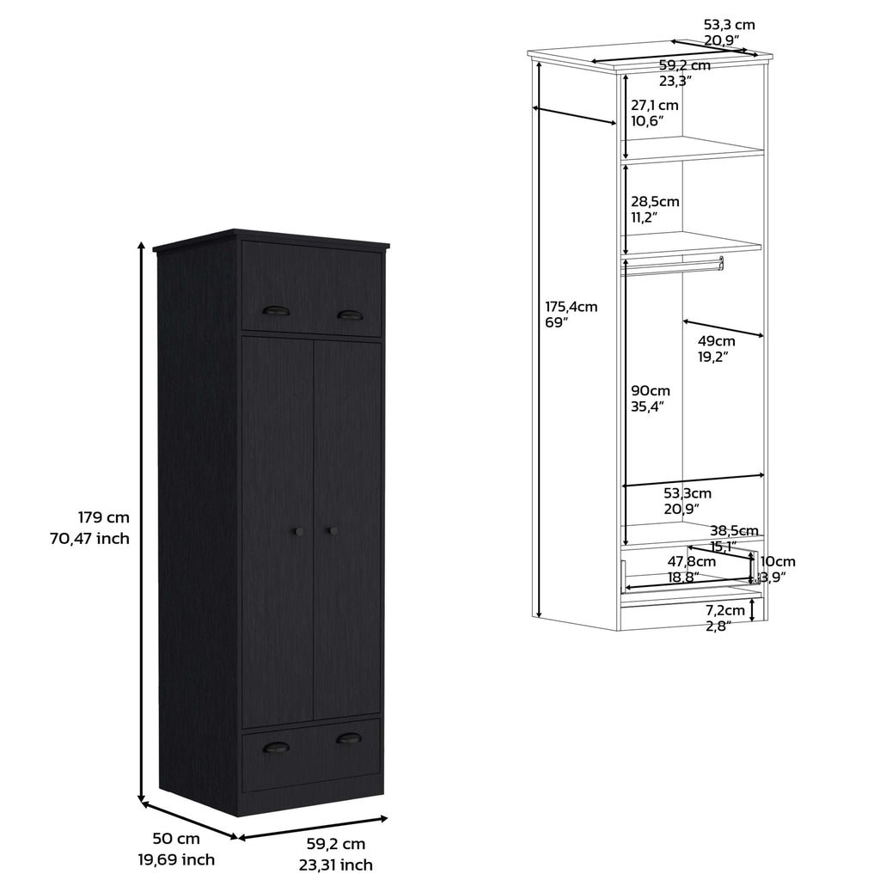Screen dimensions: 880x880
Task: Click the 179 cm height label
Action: point(104,516)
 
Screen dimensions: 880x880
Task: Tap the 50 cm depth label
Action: point(176,839)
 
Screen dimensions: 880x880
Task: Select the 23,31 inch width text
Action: point(336,865)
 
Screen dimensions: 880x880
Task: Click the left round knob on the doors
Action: point(298,531)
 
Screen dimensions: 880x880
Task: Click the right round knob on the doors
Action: point(333,530)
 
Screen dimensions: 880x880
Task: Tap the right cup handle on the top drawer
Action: point(350,315)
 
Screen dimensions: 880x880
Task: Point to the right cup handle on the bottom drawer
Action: point(349,738)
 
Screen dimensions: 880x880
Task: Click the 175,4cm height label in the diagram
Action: point(571,307)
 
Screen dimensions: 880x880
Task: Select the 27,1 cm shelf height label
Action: point(654,105)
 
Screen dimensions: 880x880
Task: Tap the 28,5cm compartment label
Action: point(655,201)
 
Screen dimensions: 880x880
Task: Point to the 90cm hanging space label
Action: point(651,391)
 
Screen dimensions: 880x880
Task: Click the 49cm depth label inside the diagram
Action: point(716,340)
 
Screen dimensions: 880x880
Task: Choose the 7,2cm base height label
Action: point(725,610)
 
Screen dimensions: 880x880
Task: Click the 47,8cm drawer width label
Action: point(692,561)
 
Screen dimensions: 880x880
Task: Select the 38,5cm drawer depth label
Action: point(734,530)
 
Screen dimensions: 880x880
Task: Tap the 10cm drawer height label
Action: point(778,561)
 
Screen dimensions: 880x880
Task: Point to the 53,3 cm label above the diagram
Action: point(730,25)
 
